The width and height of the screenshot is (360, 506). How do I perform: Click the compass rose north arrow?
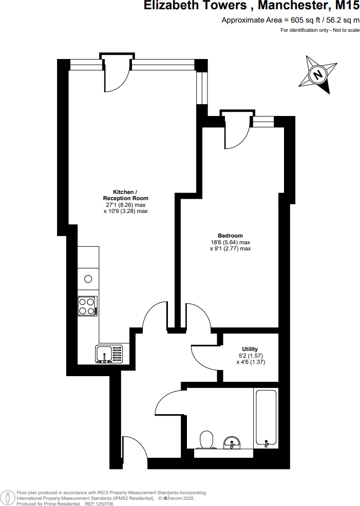click(318, 75)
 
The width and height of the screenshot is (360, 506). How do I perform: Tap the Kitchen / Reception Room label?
click(125, 195)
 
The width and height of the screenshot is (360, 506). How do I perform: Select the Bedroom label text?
click(230, 236)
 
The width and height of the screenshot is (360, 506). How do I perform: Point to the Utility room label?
click(250, 349)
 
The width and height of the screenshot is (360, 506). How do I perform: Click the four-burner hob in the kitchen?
click(87, 306)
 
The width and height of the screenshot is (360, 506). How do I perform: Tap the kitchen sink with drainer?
click(109, 354)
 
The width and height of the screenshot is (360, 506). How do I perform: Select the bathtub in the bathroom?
click(266, 418)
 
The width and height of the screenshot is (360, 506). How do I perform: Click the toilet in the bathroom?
click(206, 440)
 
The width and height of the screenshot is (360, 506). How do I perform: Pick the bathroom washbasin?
click(233, 441)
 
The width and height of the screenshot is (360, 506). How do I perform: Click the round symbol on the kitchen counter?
click(88, 279)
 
